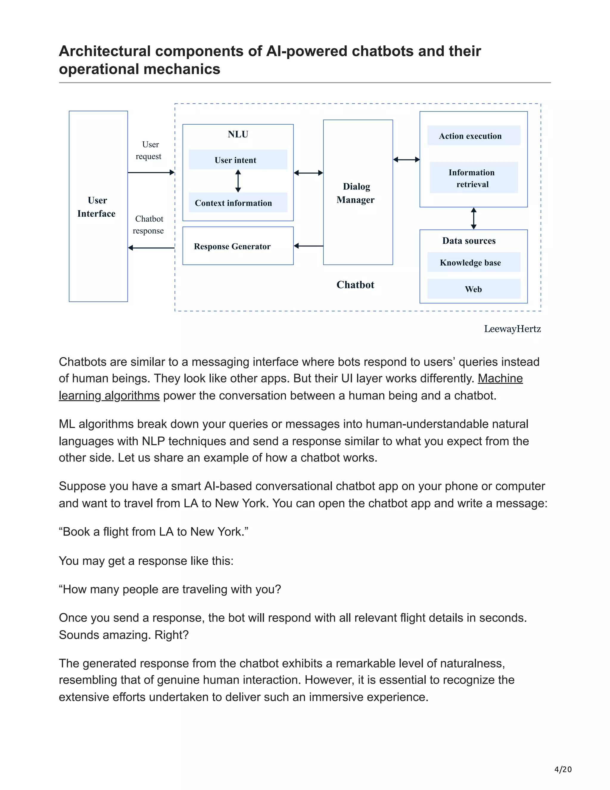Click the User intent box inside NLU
238,159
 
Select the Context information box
238,202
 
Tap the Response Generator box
237,246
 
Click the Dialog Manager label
356,193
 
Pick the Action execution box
473,136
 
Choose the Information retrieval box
473,178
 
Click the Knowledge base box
473,262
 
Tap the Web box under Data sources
473,289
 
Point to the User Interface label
97,207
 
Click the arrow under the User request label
151,173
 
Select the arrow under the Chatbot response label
151,248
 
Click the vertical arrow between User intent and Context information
238,181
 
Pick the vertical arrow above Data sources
473,219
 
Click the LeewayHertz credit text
512,329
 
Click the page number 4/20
563,769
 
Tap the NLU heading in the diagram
238,134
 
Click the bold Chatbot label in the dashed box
355,285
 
